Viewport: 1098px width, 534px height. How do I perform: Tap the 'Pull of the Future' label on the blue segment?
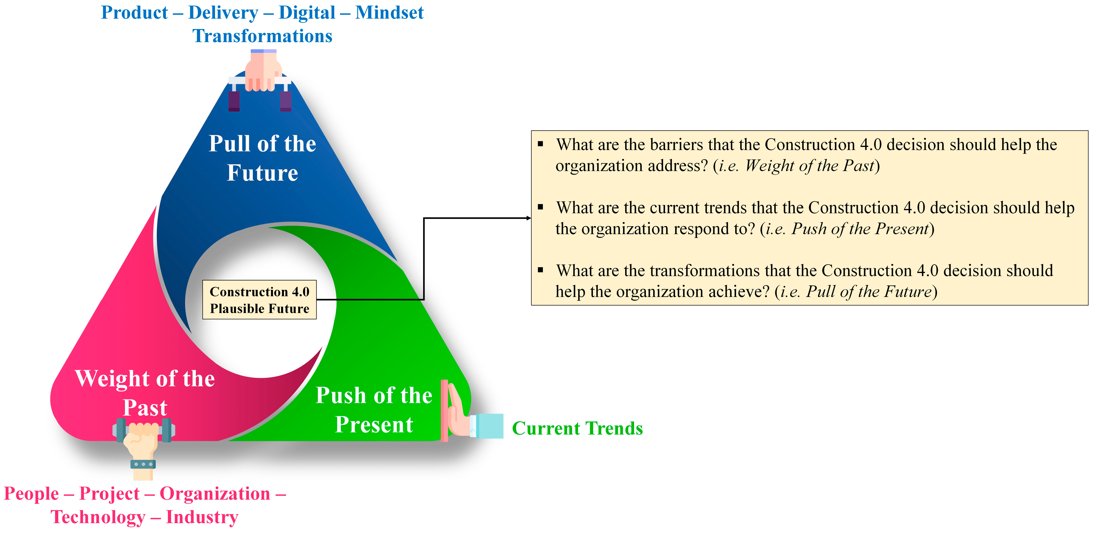point(262,158)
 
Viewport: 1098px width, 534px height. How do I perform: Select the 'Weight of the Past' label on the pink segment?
point(145,393)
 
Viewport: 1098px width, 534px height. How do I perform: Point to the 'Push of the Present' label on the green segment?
point(374,409)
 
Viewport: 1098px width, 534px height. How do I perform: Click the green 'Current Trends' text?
point(577,428)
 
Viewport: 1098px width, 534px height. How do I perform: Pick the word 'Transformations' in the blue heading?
point(262,36)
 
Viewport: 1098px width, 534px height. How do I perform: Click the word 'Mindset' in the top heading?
point(390,12)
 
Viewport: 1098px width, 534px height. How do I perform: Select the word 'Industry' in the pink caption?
point(202,517)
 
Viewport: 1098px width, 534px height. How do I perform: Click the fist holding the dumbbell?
point(143,443)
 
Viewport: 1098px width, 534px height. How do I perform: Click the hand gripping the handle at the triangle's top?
point(263,70)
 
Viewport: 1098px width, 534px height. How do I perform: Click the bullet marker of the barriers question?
point(541,144)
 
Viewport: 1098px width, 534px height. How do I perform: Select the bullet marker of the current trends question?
point(541,207)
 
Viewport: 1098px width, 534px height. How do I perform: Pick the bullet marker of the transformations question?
point(541,270)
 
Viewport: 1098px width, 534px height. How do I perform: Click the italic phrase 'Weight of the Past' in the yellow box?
point(810,166)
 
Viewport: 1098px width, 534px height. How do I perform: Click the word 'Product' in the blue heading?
point(134,12)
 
